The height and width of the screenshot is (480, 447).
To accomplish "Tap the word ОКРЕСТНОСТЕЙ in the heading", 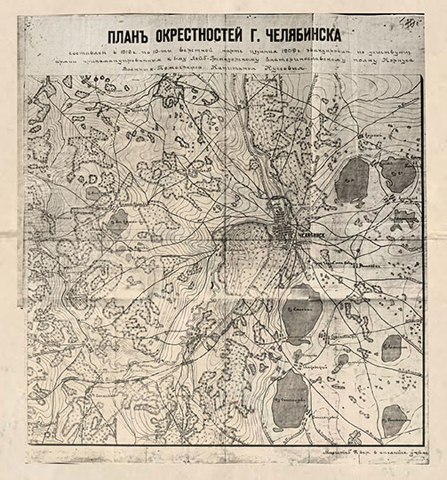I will click(x=214, y=37).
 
